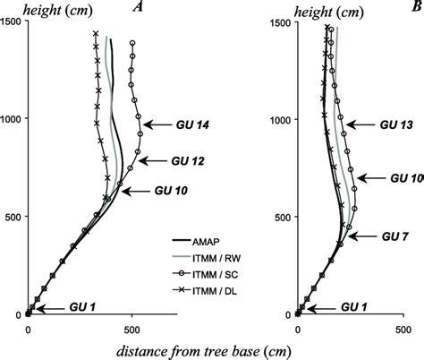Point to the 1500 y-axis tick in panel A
point(13,21)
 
